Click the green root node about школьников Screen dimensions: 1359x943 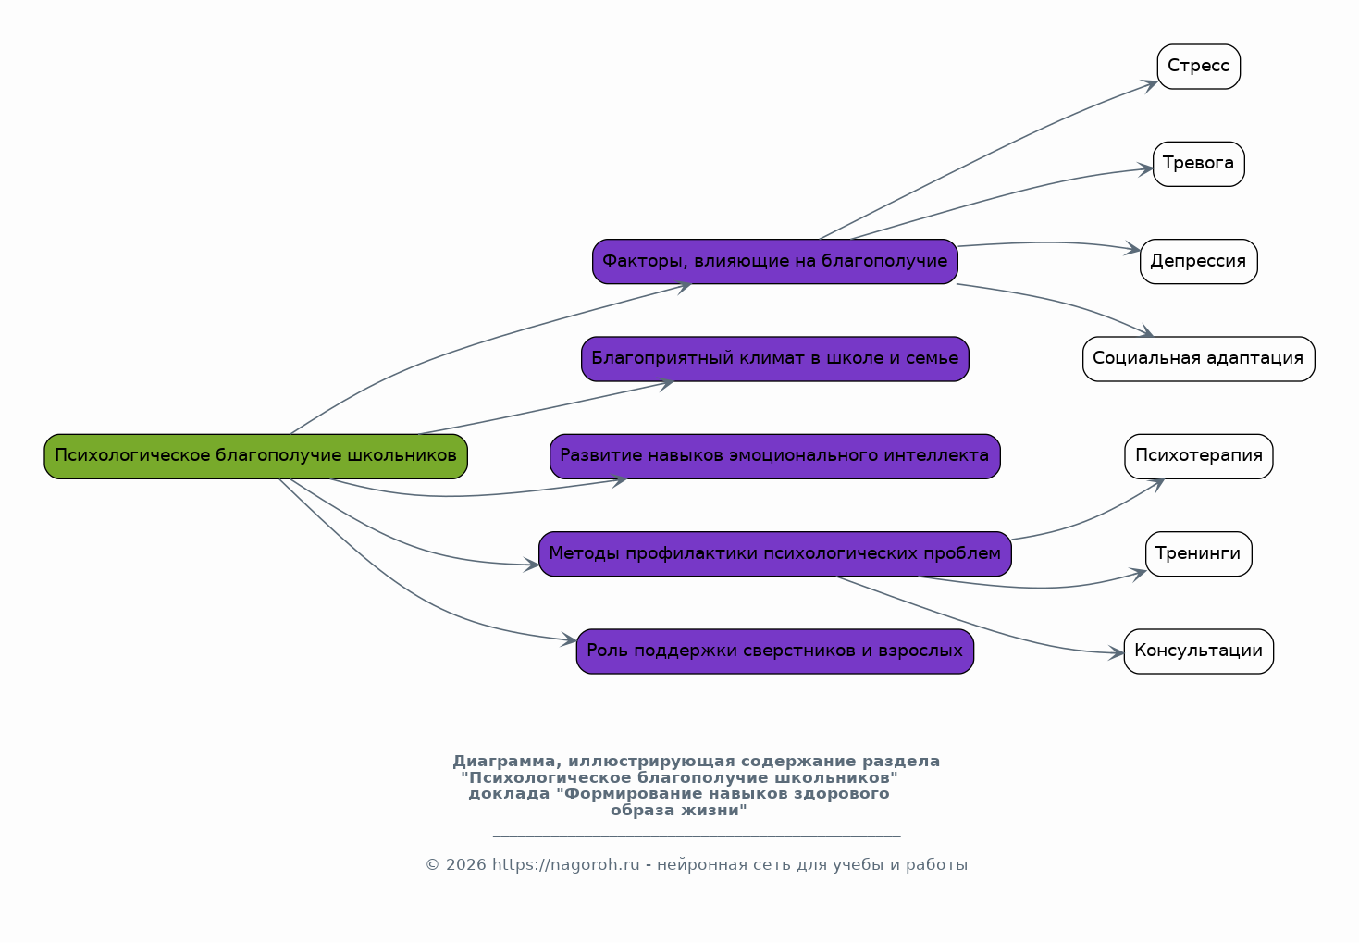pos(255,456)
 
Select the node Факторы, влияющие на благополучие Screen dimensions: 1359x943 pos(774,262)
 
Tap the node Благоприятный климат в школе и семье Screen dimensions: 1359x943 pos(774,359)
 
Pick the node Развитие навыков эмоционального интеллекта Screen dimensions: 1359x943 pos(774,456)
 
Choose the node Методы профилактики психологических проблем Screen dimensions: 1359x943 pos(774,554)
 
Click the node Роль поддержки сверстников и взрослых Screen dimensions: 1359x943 pos(774,651)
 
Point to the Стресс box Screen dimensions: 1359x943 pos(1198,67)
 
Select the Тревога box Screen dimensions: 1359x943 pos(1198,164)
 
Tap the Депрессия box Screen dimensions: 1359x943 pos(1198,262)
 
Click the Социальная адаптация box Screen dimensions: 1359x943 pos(1198,359)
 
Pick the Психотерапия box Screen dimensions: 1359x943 pos(1198,456)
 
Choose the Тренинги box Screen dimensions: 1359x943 pos(1198,554)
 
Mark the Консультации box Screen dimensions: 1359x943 pos(1198,651)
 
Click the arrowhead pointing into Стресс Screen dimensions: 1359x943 pos(1150,85)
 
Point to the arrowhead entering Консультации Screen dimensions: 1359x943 pos(1117,653)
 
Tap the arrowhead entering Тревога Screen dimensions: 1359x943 pos(1145,169)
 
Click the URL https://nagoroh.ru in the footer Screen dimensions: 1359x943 pos(565,864)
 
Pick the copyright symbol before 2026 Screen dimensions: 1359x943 pos(432,865)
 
